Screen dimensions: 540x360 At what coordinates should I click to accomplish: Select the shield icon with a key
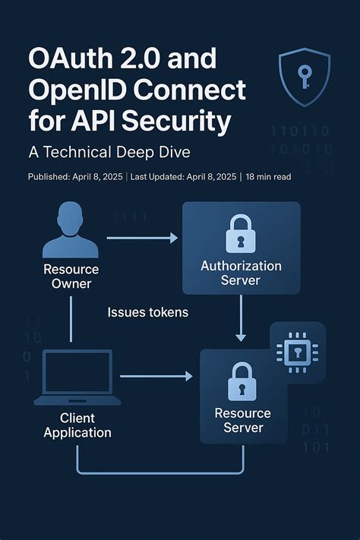pos(305,77)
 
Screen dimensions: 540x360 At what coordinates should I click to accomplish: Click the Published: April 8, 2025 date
pos(75,177)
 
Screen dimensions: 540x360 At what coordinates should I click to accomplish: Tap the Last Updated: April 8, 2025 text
pos(185,177)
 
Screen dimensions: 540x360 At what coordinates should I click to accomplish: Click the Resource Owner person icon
pos(71,234)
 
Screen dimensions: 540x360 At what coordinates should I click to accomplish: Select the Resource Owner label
pos(71,276)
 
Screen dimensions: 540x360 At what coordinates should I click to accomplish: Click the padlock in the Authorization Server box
pos(241,233)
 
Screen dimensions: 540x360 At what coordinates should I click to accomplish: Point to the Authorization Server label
pos(241,273)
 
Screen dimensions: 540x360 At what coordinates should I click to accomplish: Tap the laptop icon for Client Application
pos(77,377)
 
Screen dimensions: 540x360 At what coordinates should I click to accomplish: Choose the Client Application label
pos(77,425)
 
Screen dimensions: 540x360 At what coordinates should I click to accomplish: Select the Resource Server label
pos(242,420)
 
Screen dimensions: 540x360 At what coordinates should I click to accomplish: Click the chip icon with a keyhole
pos(297,350)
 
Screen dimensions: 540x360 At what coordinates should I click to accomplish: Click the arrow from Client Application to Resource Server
pos(155,376)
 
